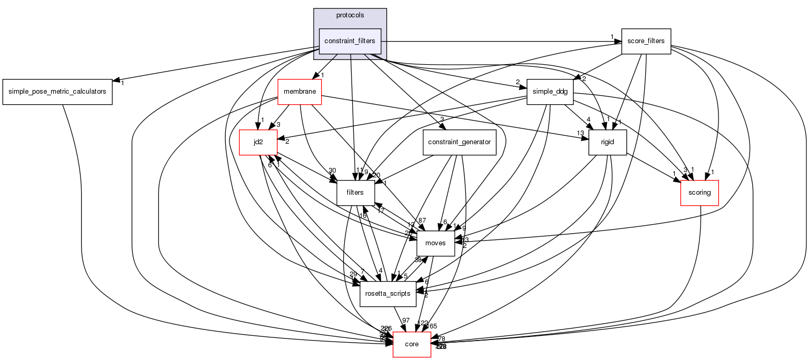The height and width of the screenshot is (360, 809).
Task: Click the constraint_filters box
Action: click(x=349, y=41)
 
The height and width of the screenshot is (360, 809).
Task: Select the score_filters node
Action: click(x=646, y=41)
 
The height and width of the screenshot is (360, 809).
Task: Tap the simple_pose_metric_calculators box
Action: click(x=57, y=92)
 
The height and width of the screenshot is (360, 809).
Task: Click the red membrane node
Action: click(x=299, y=92)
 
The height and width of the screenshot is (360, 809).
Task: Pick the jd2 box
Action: click(x=258, y=142)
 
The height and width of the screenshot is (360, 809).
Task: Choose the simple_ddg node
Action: click(x=550, y=92)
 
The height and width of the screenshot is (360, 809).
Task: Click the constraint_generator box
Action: click(x=460, y=142)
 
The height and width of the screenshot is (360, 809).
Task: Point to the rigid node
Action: click(x=607, y=142)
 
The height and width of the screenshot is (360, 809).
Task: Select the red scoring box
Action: click(x=700, y=193)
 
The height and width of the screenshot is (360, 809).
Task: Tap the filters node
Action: click(x=355, y=193)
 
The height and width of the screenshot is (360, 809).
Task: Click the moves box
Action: click(x=435, y=243)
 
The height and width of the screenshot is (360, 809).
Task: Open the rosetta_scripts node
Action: click(x=388, y=294)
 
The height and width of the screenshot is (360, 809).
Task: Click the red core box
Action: click(x=412, y=344)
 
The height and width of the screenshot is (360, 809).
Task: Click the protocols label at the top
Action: click(x=350, y=15)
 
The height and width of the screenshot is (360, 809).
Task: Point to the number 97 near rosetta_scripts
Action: click(x=406, y=321)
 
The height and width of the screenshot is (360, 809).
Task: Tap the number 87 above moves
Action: click(x=422, y=220)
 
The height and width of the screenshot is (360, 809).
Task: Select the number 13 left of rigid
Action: click(x=580, y=133)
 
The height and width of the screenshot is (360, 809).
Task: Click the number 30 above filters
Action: click(x=332, y=170)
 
